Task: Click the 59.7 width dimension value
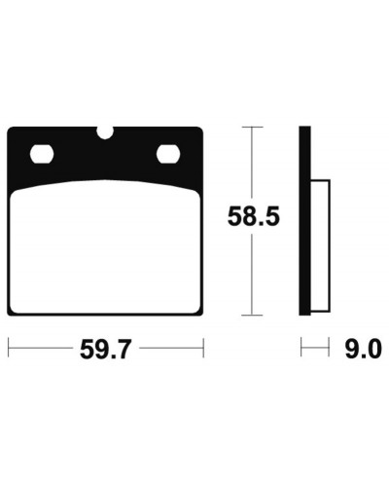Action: (105, 349)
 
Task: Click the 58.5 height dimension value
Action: (253, 216)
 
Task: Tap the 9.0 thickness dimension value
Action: (363, 349)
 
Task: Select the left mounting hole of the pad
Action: (42, 154)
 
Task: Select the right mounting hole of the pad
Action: (168, 154)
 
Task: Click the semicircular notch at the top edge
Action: (105, 132)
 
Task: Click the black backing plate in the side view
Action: (304, 221)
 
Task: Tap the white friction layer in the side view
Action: (320, 245)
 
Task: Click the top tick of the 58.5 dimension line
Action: (253, 128)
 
